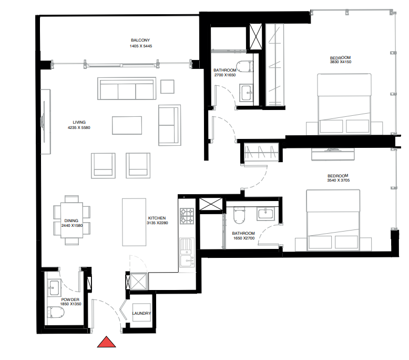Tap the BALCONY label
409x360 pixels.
[x=140, y=41]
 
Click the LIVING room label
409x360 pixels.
[x=79, y=122]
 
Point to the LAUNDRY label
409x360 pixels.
[x=141, y=314]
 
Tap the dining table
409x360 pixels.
[x=71, y=220]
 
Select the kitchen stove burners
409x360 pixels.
[x=187, y=215]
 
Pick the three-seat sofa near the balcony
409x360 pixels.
[x=127, y=89]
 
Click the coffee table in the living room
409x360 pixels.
[x=127, y=126]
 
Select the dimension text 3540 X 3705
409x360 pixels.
[x=339, y=181]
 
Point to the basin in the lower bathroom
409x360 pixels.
[x=264, y=214]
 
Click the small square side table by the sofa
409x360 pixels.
[x=168, y=86]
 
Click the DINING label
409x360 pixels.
[x=71, y=221]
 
